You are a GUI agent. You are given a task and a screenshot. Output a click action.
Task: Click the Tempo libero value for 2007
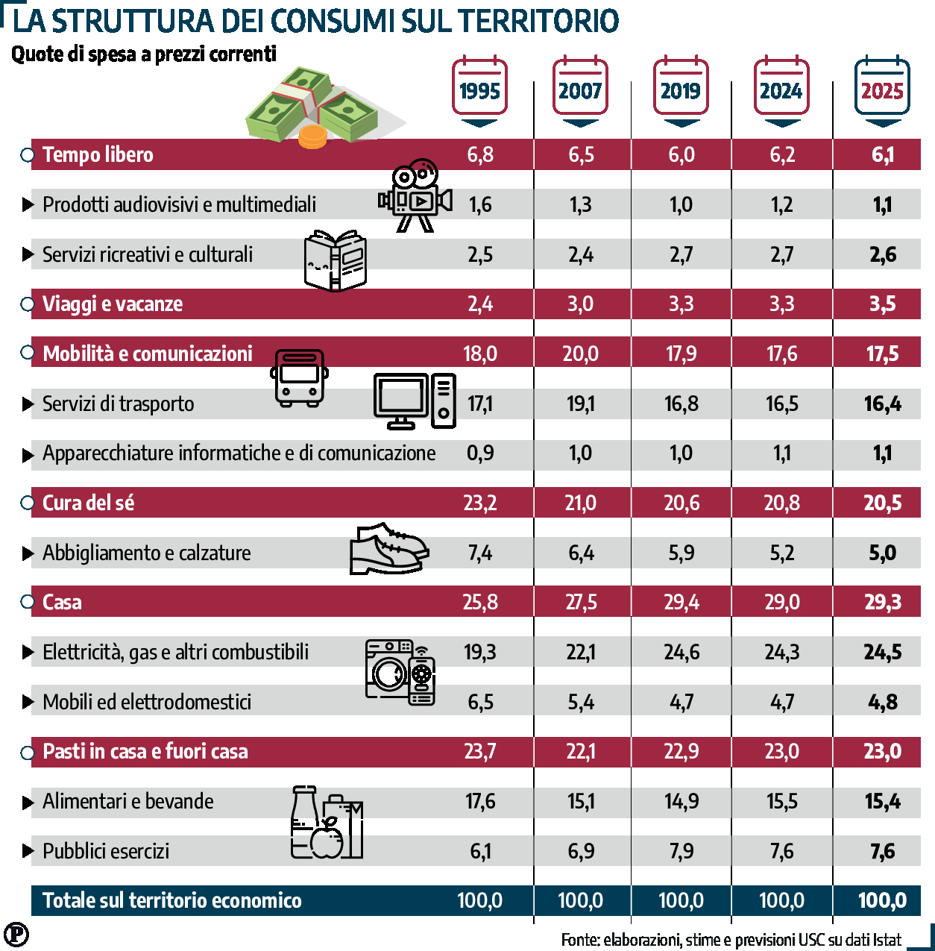[581, 154]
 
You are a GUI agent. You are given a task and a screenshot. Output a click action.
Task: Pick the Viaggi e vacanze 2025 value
[882, 304]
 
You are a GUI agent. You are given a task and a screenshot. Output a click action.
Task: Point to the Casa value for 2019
[681, 602]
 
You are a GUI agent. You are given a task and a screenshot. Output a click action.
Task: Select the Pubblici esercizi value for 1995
[480, 851]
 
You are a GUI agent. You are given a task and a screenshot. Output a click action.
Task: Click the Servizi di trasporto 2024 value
[781, 404]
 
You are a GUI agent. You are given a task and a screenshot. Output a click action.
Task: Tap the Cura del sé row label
[88, 503]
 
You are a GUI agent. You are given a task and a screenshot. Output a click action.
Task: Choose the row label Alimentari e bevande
[127, 801]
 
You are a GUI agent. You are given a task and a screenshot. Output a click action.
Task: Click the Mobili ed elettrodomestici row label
[146, 702]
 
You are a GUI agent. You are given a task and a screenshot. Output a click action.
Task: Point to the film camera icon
[415, 195]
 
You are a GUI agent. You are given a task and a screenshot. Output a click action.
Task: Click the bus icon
[299, 377]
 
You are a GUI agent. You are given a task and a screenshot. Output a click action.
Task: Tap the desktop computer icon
[414, 401]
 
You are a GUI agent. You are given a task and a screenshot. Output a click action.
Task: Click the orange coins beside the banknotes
[312, 137]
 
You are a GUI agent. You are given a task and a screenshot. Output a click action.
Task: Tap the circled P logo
[16, 934]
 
